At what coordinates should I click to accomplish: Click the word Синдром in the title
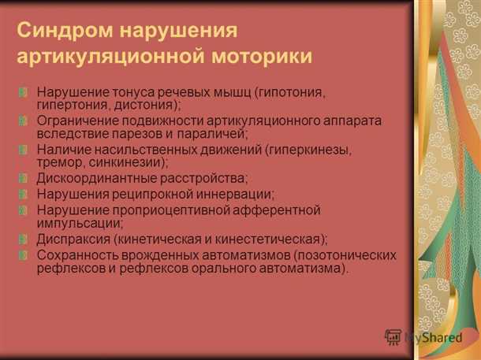pos(60,31)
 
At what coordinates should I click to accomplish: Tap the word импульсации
pos(79,222)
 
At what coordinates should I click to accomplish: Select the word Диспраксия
pos(73,239)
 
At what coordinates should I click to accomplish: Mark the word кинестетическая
pos(257,239)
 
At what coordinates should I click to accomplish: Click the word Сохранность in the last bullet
pos(79,255)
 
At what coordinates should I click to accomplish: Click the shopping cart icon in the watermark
pos(393,336)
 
